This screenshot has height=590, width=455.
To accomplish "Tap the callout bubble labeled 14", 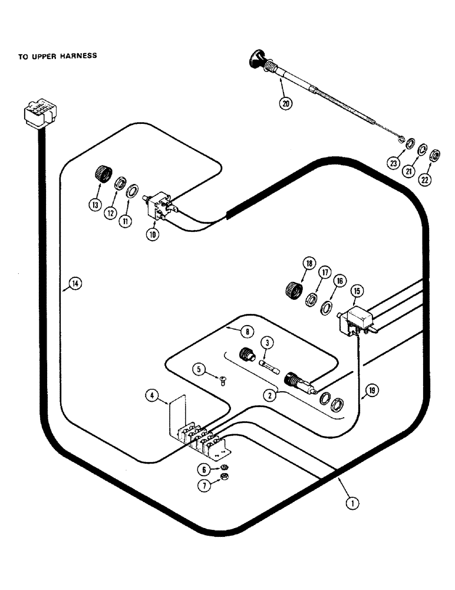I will [74, 284].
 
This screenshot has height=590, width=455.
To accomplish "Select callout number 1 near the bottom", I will [352, 503].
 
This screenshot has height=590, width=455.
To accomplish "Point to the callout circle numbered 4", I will [151, 395].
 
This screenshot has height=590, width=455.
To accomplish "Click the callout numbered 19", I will [371, 389].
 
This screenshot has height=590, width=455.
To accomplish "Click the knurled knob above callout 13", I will [104, 175].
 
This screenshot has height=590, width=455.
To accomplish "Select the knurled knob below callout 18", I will [292, 290].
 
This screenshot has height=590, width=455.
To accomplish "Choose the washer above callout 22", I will [434, 156].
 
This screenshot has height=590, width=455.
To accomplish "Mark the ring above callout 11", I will [132, 191].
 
